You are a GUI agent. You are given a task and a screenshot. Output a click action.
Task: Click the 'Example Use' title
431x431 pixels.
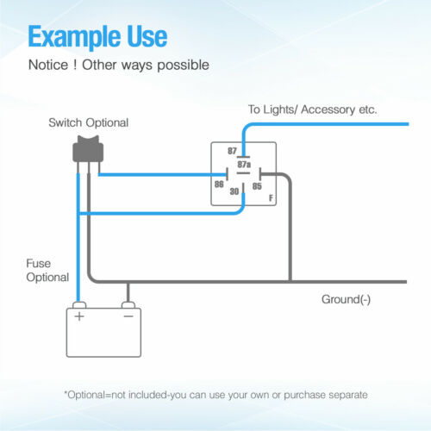point(97,37)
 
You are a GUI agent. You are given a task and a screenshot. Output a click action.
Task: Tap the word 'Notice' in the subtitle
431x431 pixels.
point(48,65)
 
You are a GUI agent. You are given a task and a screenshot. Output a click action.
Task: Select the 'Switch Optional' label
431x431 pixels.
point(89,123)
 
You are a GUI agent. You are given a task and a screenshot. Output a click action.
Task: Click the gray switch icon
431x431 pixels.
point(88,149)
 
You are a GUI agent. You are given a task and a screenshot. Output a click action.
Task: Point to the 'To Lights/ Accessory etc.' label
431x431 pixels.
point(312,109)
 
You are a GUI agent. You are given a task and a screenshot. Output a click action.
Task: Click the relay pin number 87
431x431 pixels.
point(232,151)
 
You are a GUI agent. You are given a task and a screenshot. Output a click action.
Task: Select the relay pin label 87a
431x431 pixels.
point(244,165)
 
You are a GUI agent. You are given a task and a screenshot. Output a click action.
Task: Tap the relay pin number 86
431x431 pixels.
point(219,184)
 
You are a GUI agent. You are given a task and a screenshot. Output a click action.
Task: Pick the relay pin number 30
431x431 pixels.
point(234,191)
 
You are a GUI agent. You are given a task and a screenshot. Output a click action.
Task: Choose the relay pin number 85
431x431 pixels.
point(257,186)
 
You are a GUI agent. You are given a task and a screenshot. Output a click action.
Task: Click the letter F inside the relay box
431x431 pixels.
point(271,198)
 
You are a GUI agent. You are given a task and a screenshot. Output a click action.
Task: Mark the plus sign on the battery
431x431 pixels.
point(79,316)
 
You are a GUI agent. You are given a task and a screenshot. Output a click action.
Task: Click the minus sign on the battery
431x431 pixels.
point(128,316)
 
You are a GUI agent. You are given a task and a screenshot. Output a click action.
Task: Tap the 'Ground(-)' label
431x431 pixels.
point(346,300)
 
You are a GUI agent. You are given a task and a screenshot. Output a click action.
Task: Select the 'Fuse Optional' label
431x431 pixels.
point(47,271)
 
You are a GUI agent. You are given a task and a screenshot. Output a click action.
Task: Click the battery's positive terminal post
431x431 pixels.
point(79,305)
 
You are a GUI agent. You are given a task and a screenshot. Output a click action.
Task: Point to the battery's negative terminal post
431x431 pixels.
point(128,305)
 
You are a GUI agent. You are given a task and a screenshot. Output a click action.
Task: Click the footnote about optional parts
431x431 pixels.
point(215,395)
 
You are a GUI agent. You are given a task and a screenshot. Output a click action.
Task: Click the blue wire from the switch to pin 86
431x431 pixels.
point(163,175)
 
